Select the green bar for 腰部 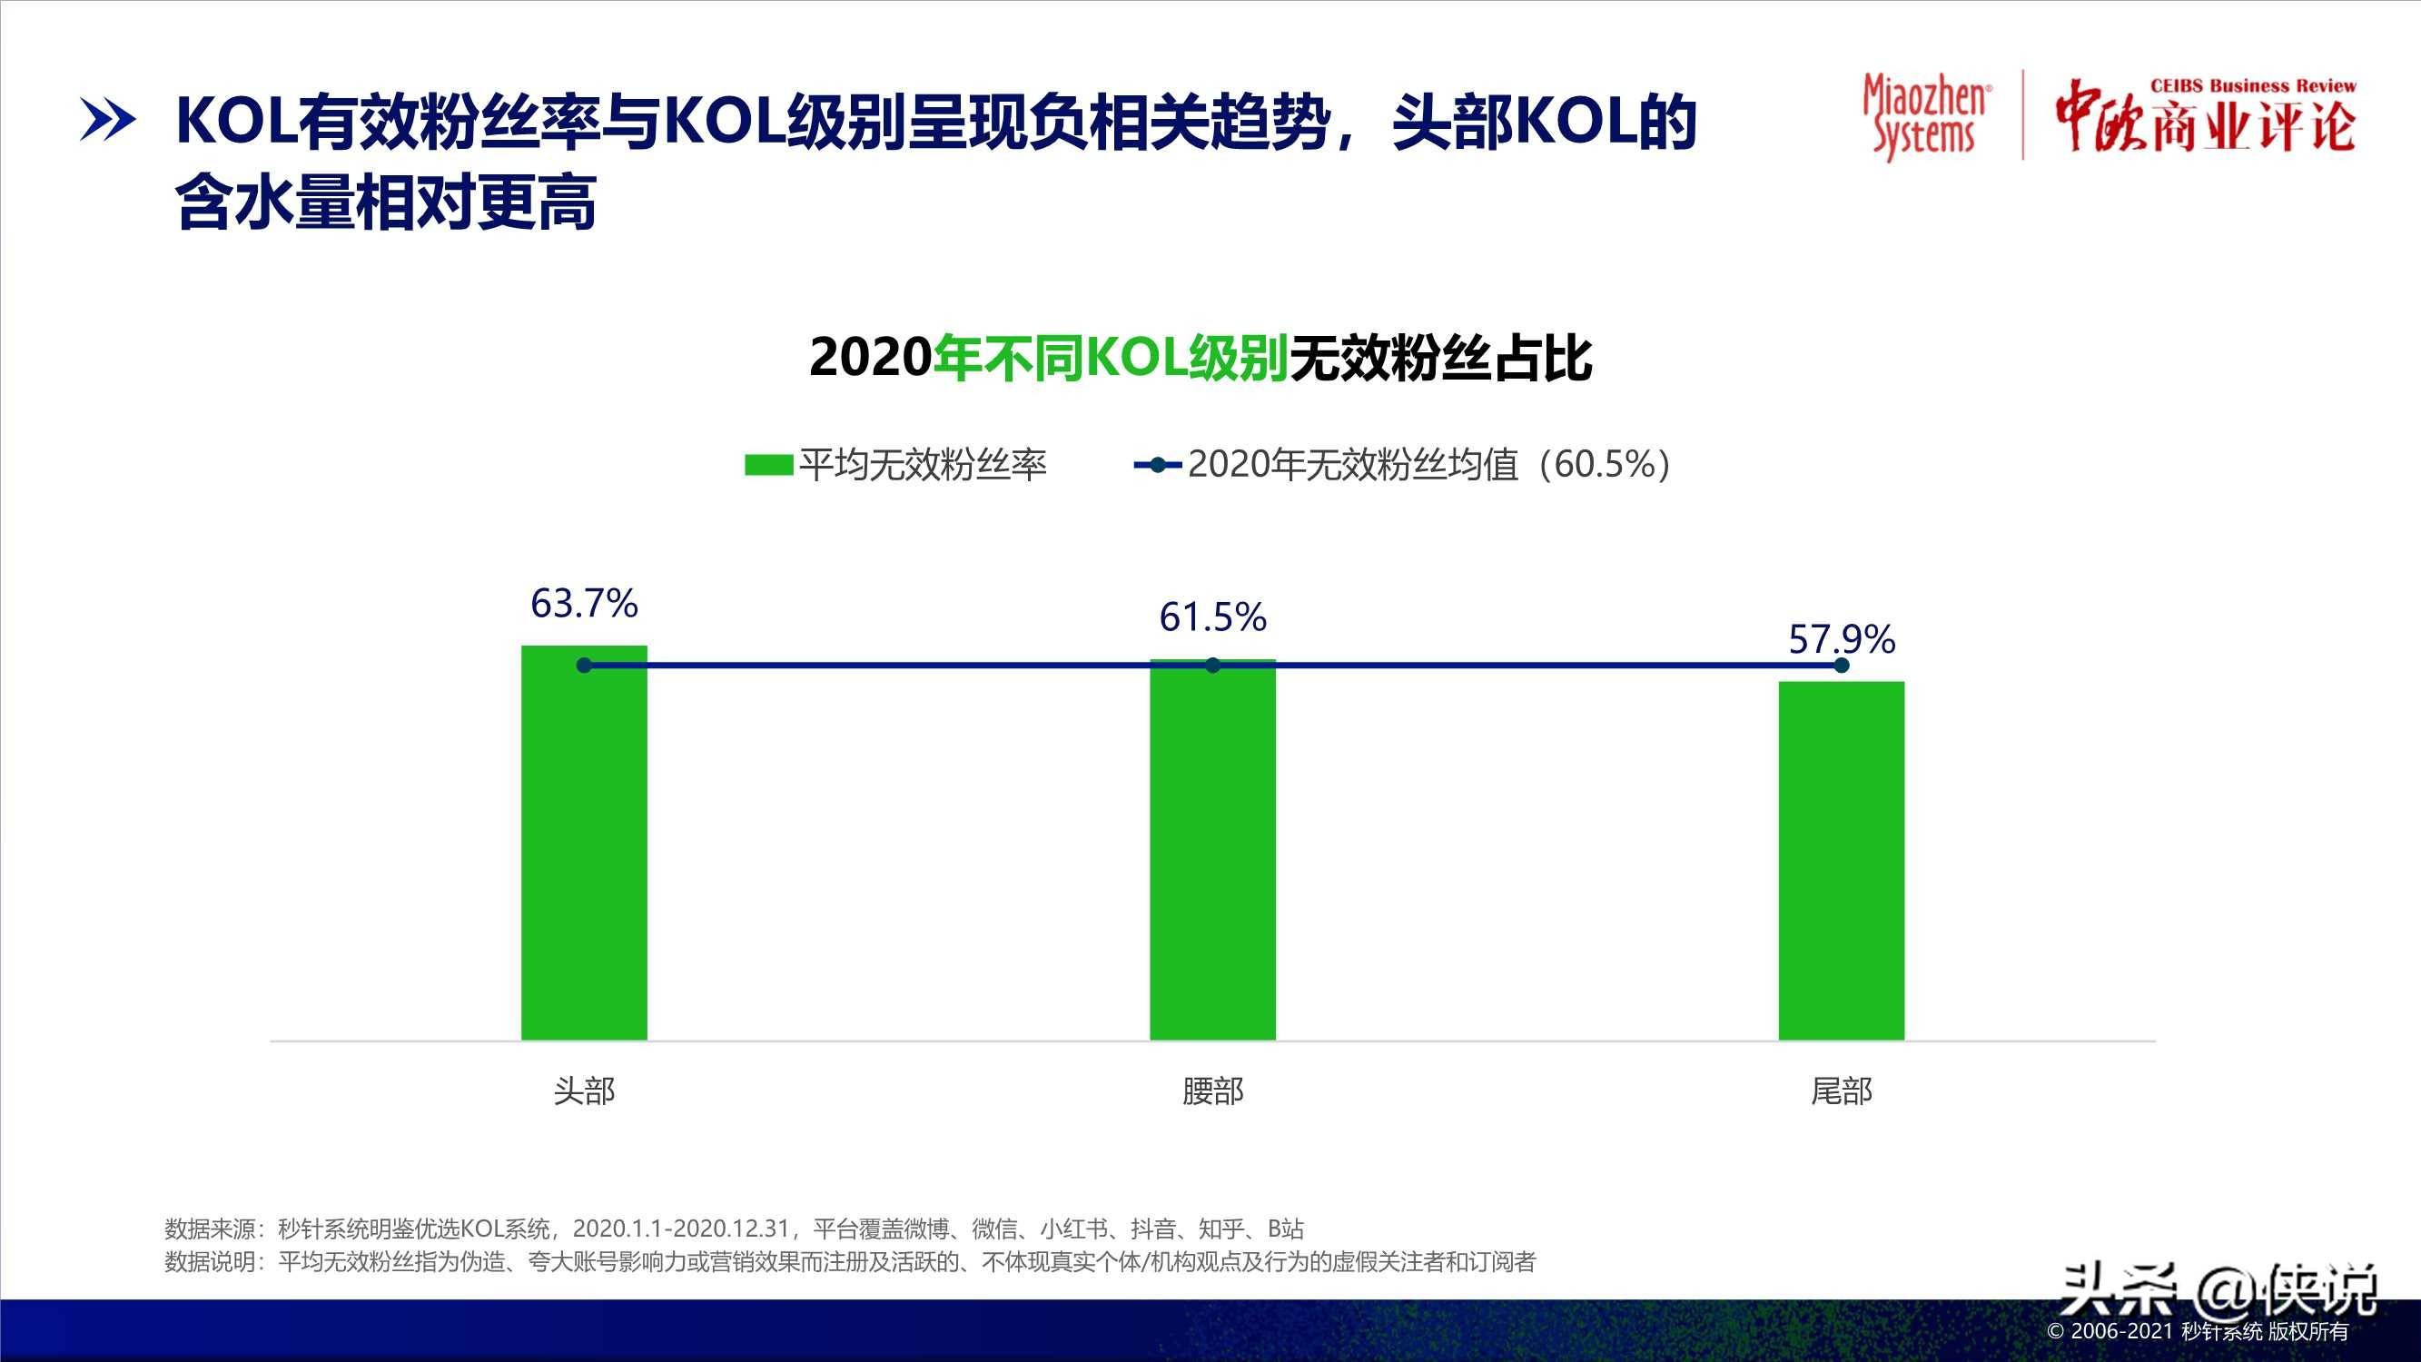pos(1212,850)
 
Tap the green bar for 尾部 pos(1841,860)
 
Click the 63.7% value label pos(584,604)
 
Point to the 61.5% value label pos(1212,617)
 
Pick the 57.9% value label pos(1841,640)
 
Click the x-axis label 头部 pos(584,1091)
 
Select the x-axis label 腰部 pos(1212,1091)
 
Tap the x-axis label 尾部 pos(1841,1091)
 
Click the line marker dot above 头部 pos(584,666)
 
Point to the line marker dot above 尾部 pos(1841,666)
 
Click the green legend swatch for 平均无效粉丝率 pos(768,465)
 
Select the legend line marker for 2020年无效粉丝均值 pos(1158,465)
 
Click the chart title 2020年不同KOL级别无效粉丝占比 pos(1201,358)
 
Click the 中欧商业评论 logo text pos(2205,118)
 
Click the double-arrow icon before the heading pos(107,121)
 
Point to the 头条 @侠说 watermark pos(2218,1290)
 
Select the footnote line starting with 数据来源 pos(733,1229)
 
